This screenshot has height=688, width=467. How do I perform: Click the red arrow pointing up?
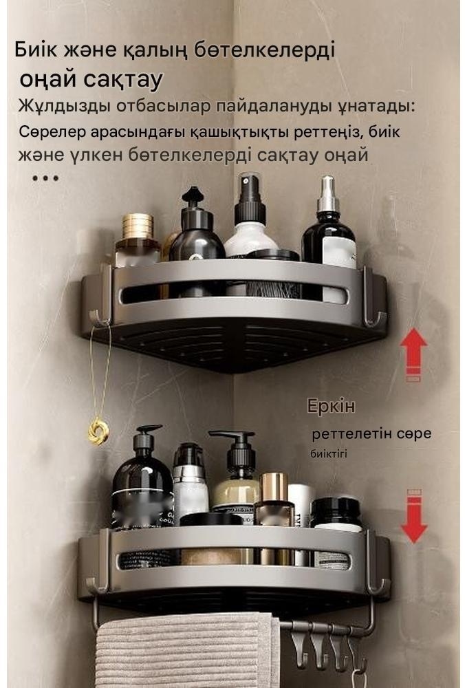413,354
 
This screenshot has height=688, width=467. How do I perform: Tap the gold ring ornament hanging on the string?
98,431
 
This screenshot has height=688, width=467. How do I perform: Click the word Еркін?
331,406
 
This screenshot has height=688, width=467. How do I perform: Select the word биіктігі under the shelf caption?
329,453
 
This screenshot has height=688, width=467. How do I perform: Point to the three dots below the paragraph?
45,178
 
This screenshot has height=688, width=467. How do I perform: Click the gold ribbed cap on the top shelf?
138,226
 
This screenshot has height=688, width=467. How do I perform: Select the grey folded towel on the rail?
187,649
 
